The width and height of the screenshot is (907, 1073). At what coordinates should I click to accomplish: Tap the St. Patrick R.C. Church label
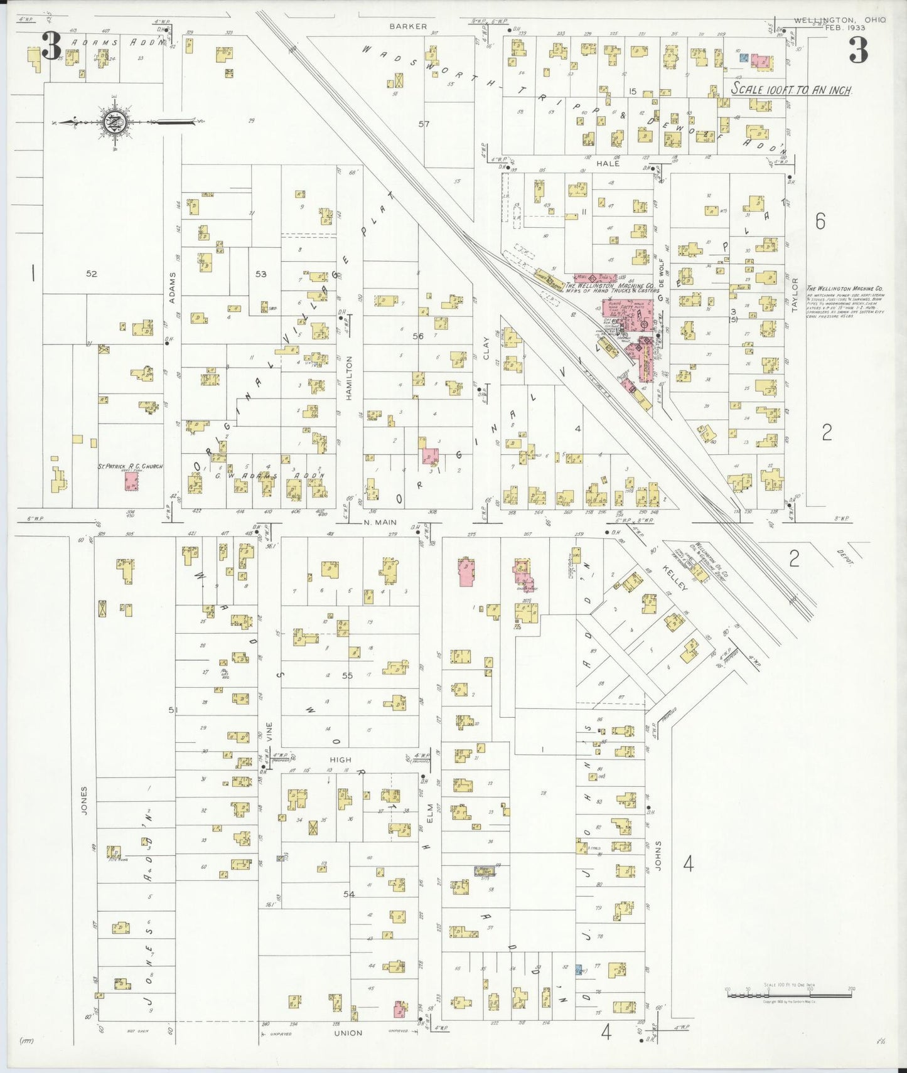pos(130,466)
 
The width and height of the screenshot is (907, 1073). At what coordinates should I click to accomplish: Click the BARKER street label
pos(408,26)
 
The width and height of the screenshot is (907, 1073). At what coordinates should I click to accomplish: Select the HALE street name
pos(608,163)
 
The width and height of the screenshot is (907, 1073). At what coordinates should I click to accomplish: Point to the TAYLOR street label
pos(795,295)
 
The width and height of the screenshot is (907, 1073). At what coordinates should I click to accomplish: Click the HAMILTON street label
pos(349,378)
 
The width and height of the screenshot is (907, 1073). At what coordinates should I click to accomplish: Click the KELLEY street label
pos(675,577)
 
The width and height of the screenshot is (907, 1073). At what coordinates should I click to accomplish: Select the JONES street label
pos(84,800)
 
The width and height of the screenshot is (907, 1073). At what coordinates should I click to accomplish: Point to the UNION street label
pos(348,1033)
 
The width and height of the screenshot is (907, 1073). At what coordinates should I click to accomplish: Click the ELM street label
pos(430,814)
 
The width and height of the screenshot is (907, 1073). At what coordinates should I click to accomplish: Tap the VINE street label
pos(269,732)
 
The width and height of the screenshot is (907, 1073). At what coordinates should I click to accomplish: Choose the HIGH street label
pos(340,760)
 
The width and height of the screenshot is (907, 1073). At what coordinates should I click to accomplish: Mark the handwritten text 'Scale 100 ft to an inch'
pos(791,90)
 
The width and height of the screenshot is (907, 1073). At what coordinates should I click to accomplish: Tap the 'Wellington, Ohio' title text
pos(839,20)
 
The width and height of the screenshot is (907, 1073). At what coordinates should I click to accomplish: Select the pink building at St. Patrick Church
pos(131,481)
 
